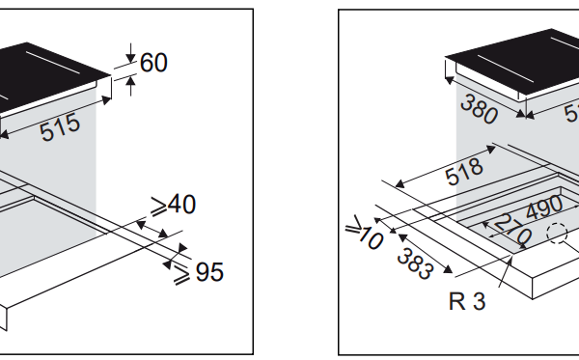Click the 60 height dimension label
click(x=153, y=63)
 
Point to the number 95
click(x=208, y=272)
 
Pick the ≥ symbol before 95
click(x=181, y=273)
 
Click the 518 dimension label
click(x=464, y=174)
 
